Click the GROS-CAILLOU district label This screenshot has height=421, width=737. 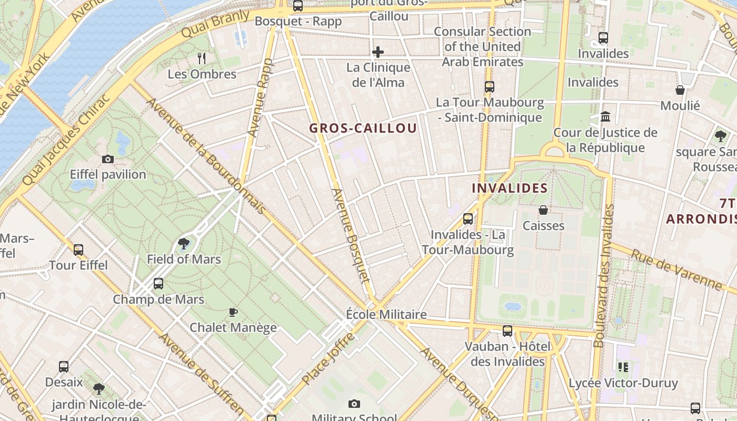(363, 128)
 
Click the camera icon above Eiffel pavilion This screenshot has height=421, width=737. (108, 159)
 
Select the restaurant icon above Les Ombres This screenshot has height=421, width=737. (202, 58)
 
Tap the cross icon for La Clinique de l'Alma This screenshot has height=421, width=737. (378, 52)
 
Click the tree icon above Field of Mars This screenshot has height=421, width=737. (184, 243)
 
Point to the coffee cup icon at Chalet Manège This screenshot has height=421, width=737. (233, 312)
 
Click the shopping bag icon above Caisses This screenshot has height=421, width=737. (543, 210)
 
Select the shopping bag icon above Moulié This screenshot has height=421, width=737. (680, 90)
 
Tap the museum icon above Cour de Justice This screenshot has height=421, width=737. (605, 116)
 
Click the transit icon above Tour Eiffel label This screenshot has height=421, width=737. (78, 249)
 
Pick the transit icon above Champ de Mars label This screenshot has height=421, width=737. (158, 284)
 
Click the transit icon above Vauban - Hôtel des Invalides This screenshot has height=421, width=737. (507, 330)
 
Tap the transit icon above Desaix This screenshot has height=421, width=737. (64, 366)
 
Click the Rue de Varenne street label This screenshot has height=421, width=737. (676, 269)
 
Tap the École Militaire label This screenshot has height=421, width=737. (386, 314)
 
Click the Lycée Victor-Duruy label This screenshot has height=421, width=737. (623, 383)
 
